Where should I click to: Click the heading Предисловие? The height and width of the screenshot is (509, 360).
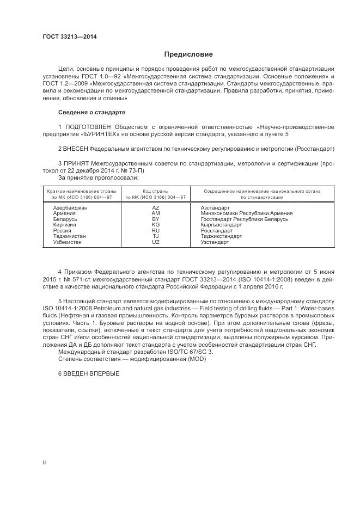(x=188, y=54)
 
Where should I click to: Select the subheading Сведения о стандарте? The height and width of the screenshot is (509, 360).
(x=91, y=112)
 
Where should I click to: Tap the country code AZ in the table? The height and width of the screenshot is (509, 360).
(x=156, y=208)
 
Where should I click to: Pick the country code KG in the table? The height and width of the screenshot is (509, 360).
(x=156, y=225)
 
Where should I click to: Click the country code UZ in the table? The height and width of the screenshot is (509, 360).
(x=156, y=242)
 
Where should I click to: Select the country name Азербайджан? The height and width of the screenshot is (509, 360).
(x=70, y=208)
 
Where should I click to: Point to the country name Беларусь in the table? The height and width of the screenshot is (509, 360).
(x=65, y=219)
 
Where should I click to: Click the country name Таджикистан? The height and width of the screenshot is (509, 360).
(x=70, y=236)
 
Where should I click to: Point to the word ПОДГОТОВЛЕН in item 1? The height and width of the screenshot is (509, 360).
(x=87, y=127)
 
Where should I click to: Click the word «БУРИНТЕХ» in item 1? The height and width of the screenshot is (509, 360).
(x=104, y=134)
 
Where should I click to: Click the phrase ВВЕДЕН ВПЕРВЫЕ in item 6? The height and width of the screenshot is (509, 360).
(x=91, y=373)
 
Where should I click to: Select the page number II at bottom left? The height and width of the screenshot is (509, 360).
(x=44, y=462)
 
